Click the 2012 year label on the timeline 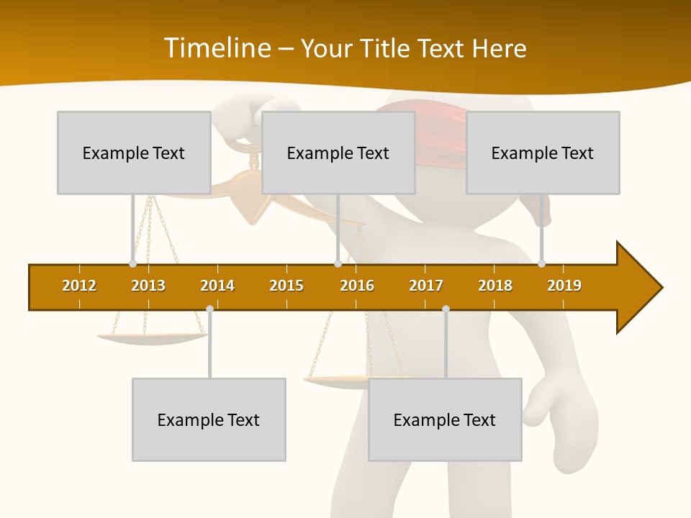pyautogui.click(x=79, y=286)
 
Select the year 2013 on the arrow pyautogui.click(x=148, y=286)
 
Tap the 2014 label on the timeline pyautogui.click(x=217, y=286)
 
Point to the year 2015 pyautogui.click(x=286, y=286)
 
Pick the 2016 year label pyautogui.click(x=357, y=286)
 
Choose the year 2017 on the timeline pyautogui.click(x=426, y=286)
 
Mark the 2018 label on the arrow pyautogui.click(x=495, y=286)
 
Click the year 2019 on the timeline pyautogui.click(x=564, y=286)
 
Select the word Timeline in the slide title pyautogui.click(x=217, y=48)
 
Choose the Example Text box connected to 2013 pyautogui.click(x=134, y=153)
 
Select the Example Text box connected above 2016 pyautogui.click(x=338, y=153)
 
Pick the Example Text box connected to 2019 pyautogui.click(x=543, y=153)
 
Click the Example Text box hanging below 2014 pyautogui.click(x=209, y=419)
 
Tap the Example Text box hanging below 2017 pyautogui.click(x=445, y=419)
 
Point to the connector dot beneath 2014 pyautogui.click(x=209, y=309)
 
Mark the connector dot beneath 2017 pyautogui.click(x=446, y=309)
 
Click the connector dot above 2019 pyautogui.click(x=542, y=263)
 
